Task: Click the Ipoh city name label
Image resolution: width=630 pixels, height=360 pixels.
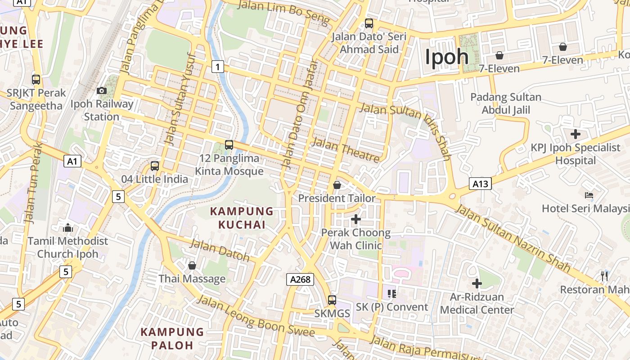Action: click(x=447, y=57)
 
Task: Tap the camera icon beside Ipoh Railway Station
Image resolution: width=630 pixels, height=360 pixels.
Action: click(x=102, y=90)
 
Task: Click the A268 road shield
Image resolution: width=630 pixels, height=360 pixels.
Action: click(x=300, y=279)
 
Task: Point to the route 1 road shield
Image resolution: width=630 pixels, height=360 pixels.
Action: click(x=217, y=67)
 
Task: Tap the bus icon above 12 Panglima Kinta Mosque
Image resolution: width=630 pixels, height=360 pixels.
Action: click(x=229, y=145)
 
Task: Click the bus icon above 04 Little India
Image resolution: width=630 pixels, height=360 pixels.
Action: click(x=155, y=166)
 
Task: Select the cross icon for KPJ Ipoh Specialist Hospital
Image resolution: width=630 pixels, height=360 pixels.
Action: click(x=575, y=134)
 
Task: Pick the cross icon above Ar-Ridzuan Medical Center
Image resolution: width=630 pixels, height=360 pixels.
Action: click(x=477, y=283)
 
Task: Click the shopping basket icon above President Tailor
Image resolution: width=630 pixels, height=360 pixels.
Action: click(x=337, y=185)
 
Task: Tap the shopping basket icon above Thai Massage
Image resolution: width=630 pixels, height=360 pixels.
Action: click(x=192, y=265)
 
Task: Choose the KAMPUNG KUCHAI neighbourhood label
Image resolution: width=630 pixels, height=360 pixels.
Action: click(x=242, y=218)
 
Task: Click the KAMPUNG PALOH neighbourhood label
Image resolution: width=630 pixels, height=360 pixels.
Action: click(x=172, y=338)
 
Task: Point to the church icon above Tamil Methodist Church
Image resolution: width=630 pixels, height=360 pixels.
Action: click(x=68, y=228)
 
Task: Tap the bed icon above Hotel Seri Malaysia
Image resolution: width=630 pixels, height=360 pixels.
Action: click(x=589, y=195)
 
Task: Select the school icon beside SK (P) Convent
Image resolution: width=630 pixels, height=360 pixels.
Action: click(x=392, y=294)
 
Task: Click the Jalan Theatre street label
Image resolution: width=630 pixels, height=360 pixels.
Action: click(x=346, y=150)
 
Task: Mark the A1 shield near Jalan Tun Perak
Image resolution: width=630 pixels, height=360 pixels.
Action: click(x=72, y=161)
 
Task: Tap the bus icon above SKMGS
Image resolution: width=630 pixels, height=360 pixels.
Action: click(x=332, y=300)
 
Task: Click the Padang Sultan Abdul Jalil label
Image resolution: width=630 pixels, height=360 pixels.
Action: click(x=506, y=103)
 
